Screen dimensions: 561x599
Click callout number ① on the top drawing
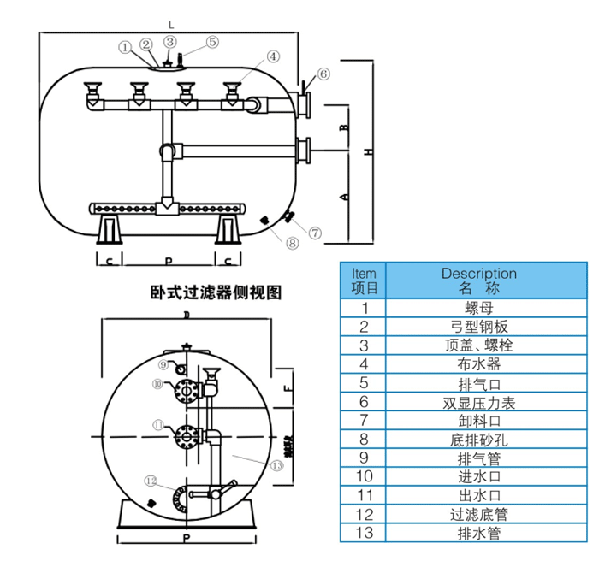tap(125, 47)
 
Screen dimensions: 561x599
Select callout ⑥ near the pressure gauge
tap(323, 74)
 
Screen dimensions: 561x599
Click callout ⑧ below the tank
tap(293, 243)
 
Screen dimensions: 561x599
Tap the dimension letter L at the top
tap(169, 17)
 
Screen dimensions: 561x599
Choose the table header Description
tap(478, 274)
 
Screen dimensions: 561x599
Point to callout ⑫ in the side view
tap(151, 481)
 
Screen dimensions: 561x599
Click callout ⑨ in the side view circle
tap(163, 365)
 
